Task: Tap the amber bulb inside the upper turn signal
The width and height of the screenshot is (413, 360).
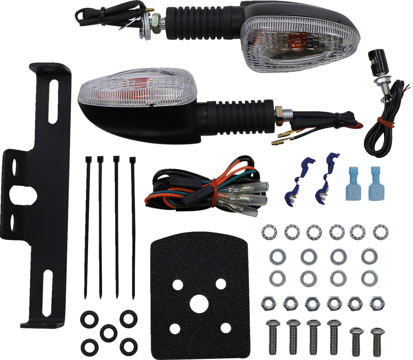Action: [293, 40]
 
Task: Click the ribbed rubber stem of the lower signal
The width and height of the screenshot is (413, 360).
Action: [238, 116]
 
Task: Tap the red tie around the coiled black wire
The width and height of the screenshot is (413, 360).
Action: [381, 119]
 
